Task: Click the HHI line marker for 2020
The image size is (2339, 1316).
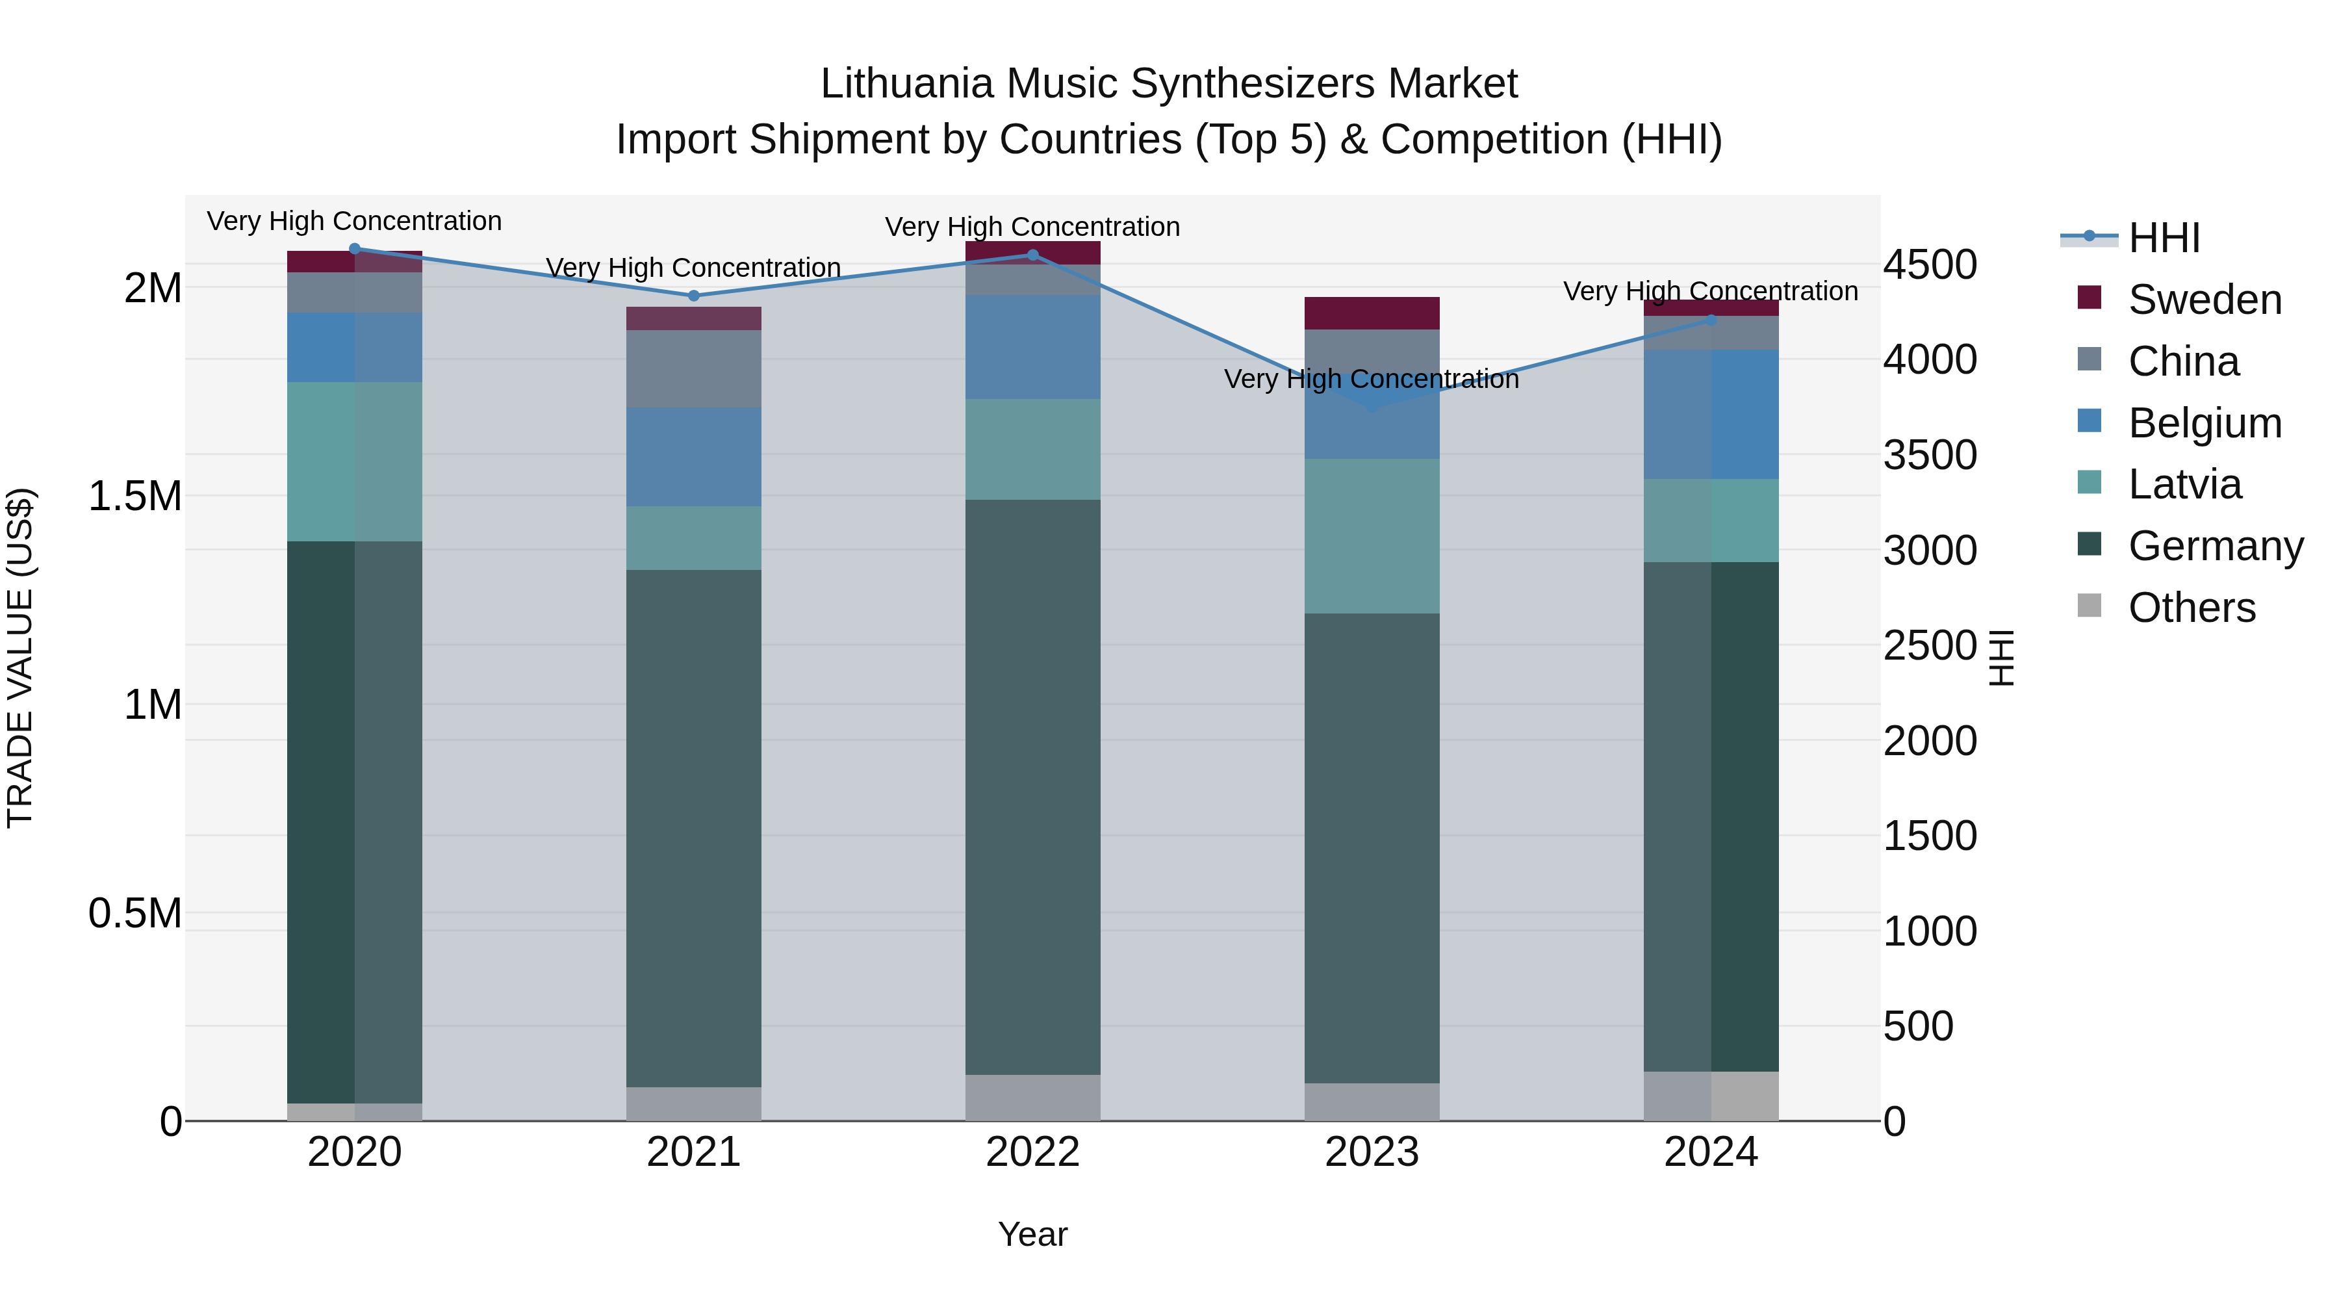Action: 354,248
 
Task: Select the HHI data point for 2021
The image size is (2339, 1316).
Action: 694,295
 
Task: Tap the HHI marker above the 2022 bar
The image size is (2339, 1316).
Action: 1032,255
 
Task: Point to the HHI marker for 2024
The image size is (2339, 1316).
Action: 1711,320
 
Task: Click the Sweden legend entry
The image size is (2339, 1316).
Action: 2204,300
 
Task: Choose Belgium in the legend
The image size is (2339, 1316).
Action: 2204,423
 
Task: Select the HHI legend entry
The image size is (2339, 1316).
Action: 2164,238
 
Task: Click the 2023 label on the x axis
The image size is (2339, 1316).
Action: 1371,1152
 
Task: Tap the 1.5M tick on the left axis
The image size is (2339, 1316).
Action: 134,497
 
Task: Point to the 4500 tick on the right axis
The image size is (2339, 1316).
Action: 1930,265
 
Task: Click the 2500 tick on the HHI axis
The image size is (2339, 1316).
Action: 1930,646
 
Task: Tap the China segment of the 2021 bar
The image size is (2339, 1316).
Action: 694,368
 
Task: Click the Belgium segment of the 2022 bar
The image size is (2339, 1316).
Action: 1032,347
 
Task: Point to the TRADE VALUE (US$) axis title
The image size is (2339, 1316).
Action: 20,658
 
